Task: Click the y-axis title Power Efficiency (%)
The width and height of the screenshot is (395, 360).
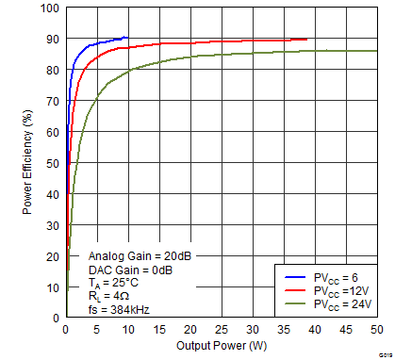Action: pos(28,163)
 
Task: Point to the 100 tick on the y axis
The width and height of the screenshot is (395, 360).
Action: pos(51,8)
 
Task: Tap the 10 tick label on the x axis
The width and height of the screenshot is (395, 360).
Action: pos(127,329)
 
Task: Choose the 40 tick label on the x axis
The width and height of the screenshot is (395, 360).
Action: pos(314,329)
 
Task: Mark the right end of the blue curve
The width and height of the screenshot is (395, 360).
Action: pos(127,38)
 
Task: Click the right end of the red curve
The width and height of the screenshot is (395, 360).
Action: pos(306,40)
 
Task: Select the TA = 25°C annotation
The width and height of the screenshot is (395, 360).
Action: pos(115,282)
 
